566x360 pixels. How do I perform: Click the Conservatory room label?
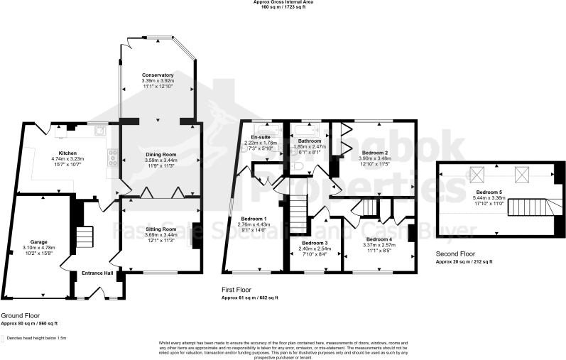click(158, 75)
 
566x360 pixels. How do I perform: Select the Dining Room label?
click(160, 153)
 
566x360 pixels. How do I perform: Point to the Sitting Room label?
click(160, 229)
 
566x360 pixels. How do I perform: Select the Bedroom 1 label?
click(254, 218)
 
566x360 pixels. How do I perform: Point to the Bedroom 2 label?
click(374, 153)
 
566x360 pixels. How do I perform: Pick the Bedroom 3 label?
click(315, 243)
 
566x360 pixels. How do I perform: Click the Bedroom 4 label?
click(379, 239)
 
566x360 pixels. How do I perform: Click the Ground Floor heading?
click(21, 315)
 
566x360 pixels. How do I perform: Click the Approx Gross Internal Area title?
click(283, 3)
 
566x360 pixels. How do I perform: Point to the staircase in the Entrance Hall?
click(85, 236)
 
